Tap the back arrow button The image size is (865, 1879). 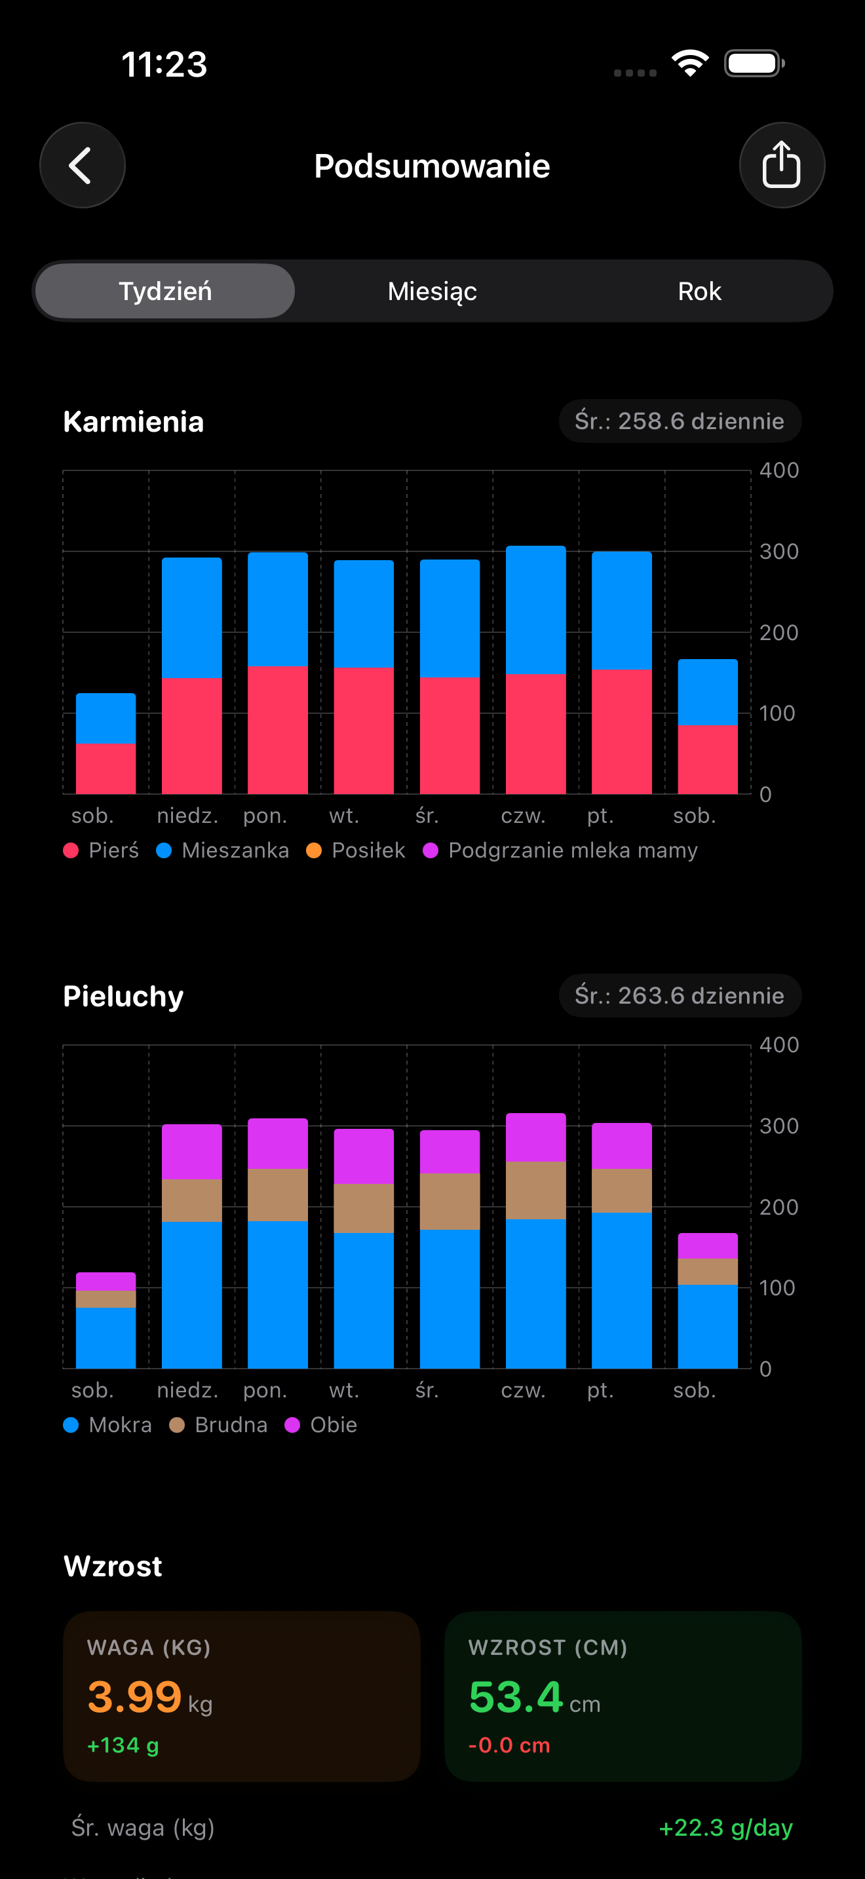coord(82,166)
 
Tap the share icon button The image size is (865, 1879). coord(781,166)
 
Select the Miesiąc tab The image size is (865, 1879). coord(432,291)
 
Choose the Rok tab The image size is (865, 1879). coord(699,291)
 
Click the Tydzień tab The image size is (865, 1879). coord(166,291)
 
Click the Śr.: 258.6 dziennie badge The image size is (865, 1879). coord(679,421)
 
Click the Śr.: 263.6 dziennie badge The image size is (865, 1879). coord(679,996)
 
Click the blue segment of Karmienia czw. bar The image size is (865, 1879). coord(535,609)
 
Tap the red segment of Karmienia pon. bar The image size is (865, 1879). coord(277,729)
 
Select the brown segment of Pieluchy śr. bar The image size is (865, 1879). coord(450,1202)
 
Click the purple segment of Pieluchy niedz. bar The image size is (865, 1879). coord(191,1152)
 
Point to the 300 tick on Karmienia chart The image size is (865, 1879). coord(778,552)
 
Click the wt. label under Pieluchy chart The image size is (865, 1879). coord(343,1390)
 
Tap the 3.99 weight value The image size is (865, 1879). coord(135,1697)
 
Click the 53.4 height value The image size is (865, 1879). coord(516,1697)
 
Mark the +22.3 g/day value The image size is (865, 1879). coord(725,1827)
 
